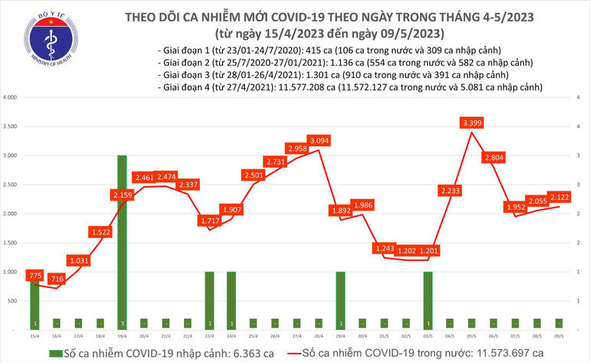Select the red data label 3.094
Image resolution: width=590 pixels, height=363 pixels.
317,140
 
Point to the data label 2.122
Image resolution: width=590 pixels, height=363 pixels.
559,196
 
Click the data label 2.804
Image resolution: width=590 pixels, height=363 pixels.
493,158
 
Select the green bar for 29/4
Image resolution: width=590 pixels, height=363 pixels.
339,299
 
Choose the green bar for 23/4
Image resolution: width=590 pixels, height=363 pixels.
208,299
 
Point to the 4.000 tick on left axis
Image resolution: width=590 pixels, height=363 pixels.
11,98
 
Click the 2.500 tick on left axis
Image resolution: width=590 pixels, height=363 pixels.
11,185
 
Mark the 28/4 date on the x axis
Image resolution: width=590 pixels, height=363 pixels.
317,335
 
